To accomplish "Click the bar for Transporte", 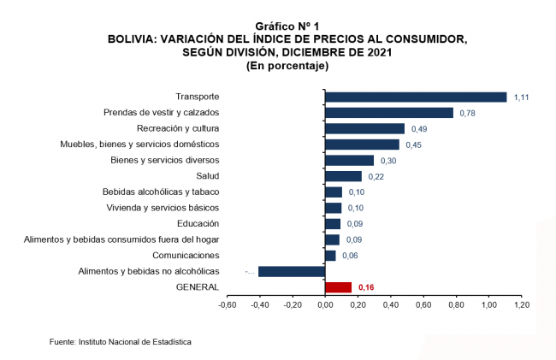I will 416,97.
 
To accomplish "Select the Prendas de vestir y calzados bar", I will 389,113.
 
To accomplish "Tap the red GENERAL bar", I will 338,287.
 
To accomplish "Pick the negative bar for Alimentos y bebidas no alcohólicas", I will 292,271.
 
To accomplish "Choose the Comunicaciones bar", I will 330,256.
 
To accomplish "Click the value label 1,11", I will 522,97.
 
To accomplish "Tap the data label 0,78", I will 469,113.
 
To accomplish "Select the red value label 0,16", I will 367,287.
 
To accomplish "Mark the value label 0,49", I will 419,129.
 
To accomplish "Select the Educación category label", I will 198,223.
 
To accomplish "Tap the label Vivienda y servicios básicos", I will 163,208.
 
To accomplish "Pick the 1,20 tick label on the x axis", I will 521,304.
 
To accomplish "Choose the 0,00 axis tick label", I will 325,304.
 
